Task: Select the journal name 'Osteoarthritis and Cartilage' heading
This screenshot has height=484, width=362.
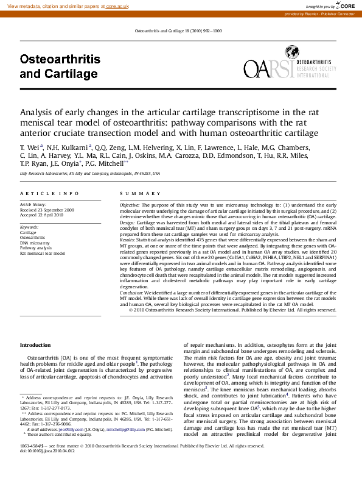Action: tap(59, 67)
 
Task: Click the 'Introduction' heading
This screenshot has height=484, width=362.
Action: tap(35, 345)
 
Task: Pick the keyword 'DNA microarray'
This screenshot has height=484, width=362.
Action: tap(35, 243)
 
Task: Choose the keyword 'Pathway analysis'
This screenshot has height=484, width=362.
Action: tap(36, 248)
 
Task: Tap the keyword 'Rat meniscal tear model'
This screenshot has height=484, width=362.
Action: tap(43, 253)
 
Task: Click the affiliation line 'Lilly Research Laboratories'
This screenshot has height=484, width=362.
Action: tap(89, 174)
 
